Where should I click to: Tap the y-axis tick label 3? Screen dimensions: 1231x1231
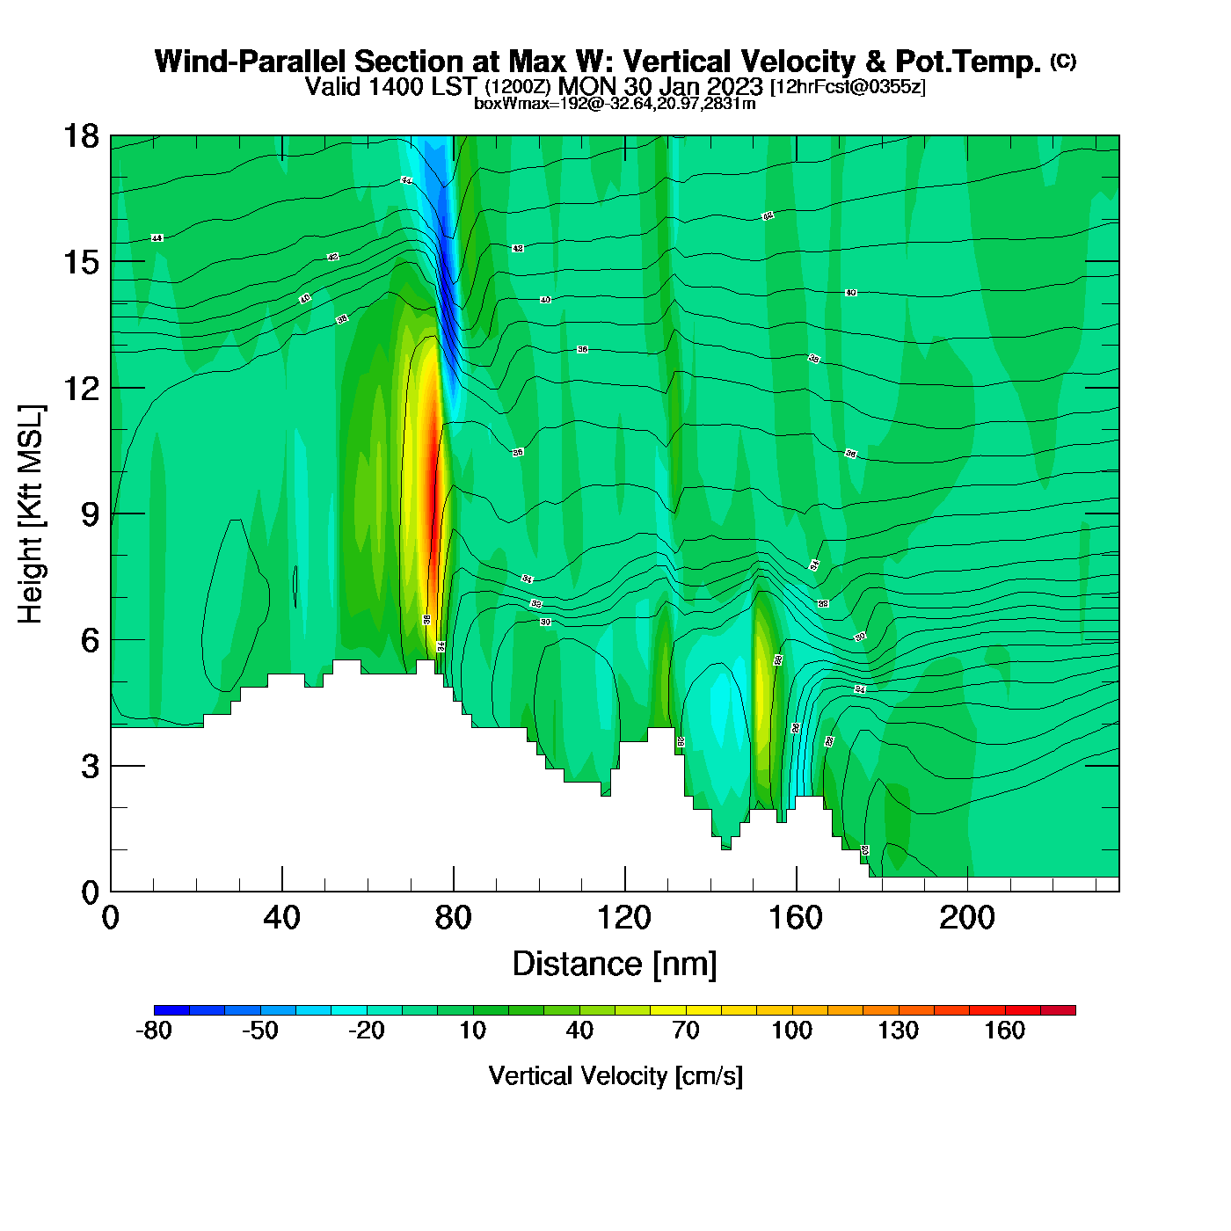pos(91,766)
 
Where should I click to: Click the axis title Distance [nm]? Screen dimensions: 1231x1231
pos(615,965)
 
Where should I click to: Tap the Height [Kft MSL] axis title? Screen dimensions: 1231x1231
pos(31,514)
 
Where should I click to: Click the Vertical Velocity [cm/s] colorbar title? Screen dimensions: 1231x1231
pos(615,1075)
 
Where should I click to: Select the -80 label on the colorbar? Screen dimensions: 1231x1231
pos(154,1031)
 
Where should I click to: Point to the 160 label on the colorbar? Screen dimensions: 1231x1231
pos(1004,1031)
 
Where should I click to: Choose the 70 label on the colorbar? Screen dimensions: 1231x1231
pos(685,1031)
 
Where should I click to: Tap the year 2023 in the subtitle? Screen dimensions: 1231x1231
pos(735,86)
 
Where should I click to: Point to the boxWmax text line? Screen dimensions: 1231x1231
pos(615,103)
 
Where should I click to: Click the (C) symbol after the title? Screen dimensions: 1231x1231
pos(1063,61)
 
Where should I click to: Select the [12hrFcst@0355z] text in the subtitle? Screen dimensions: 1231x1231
pos(848,87)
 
